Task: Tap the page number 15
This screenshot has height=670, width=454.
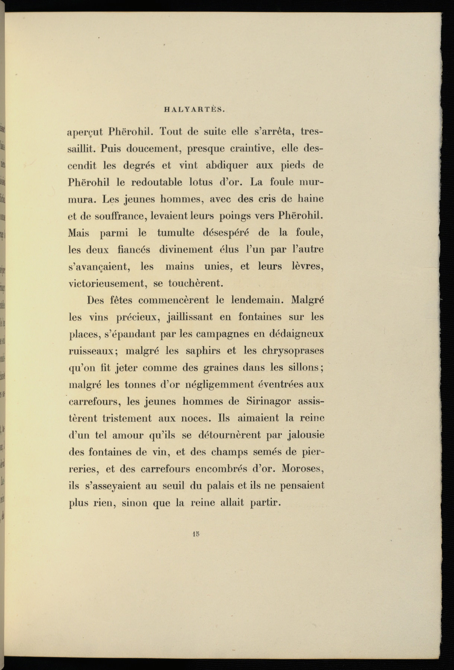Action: coord(197,533)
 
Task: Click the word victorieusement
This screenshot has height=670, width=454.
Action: coord(107,284)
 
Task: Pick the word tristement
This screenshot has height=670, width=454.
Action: coord(127,418)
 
